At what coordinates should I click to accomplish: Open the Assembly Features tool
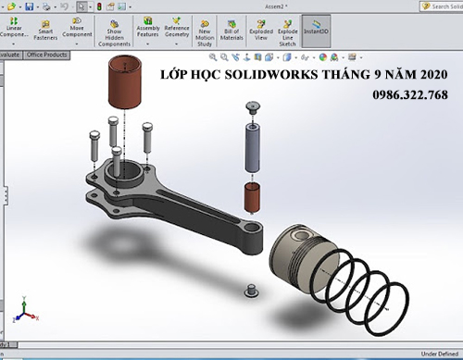point(147,30)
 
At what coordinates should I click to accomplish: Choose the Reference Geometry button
point(176,30)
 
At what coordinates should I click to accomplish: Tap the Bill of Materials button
point(232,30)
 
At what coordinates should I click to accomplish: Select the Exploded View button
point(261,30)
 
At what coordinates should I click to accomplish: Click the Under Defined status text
point(439,354)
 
